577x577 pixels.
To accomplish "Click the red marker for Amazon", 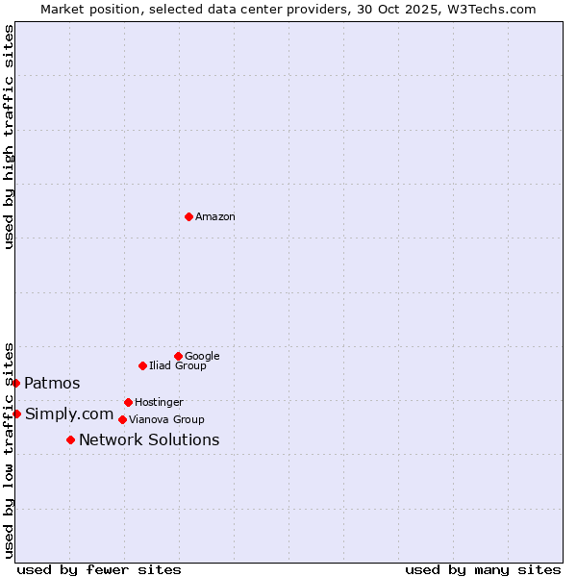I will point(188,216).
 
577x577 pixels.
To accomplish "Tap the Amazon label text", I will point(215,217).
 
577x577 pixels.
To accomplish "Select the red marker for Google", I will point(178,356).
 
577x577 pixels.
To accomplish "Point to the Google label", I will point(202,357).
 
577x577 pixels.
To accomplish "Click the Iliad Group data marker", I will point(142,365).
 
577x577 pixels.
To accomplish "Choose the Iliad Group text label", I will point(178,366).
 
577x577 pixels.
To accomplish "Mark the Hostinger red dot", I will point(128,402).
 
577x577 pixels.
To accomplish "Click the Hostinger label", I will point(159,403).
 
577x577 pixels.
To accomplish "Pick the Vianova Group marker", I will point(122,419).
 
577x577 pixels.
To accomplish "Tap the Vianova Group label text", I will point(166,420).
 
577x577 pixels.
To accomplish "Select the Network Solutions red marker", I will point(70,439).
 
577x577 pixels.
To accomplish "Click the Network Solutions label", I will point(149,440).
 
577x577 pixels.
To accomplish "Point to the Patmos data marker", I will point(15,383).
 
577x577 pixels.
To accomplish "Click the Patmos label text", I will point(52,384).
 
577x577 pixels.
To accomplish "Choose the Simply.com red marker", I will point(16,414).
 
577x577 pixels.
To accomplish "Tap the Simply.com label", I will point(69,414).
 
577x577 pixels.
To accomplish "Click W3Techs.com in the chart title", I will point(496,9).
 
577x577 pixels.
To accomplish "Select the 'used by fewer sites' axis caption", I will point(99,569).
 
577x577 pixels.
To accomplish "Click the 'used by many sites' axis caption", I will point(483,569).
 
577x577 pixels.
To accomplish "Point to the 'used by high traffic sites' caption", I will point(9,137).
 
